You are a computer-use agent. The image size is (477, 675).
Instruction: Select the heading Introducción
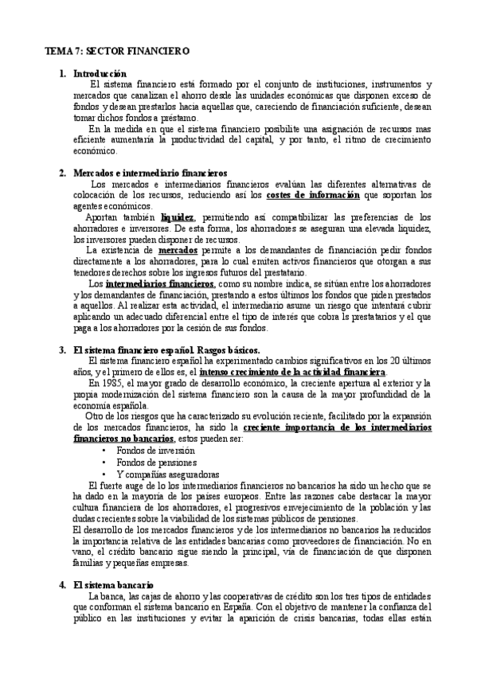(100, 74)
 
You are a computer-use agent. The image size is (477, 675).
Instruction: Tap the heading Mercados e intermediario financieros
(150, 173)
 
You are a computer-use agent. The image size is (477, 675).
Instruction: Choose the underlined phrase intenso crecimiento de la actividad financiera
(293, 372)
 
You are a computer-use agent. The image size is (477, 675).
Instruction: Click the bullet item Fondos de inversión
(155, 451)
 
